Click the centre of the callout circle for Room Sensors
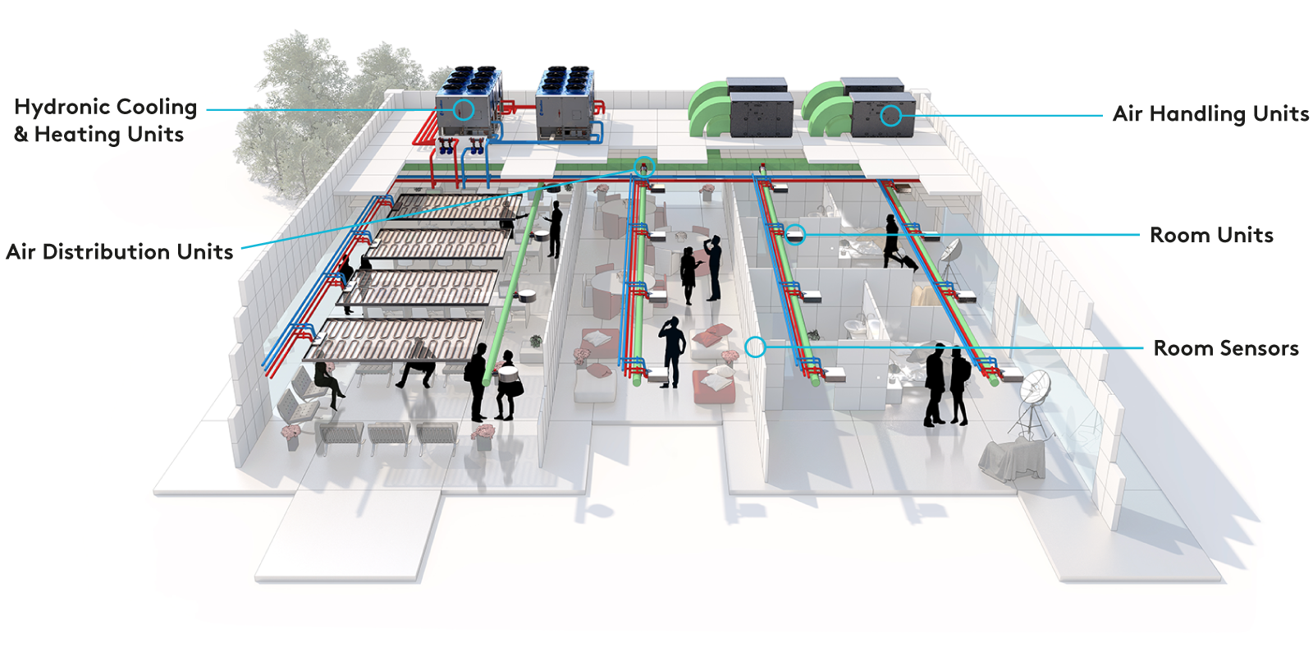coord(756,347)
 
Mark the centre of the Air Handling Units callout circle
coord(891,116)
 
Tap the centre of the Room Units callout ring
coord(795,235)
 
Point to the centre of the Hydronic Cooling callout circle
coord(464,110)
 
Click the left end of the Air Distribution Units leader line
coord(242,248)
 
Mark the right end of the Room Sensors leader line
coord(1143,348)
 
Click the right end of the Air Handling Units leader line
coord(1103,116)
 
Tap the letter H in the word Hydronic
coord(21,107)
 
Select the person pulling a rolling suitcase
coord(897,241)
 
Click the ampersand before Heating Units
coord(21,135)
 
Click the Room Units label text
coord(1211,235)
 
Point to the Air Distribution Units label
coord(120,251)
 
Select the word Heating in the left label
coord(77,135)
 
